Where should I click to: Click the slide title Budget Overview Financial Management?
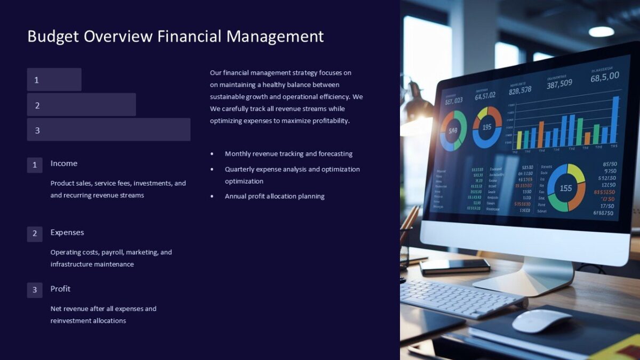point(175,36)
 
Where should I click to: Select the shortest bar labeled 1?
point(54,79)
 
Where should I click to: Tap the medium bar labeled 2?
point(82,105)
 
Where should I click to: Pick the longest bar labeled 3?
point(109,130)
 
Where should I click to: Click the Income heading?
point(64,163)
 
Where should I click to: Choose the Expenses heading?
point(67,233)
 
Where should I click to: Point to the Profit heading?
point(60,289)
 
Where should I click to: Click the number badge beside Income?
point(35,165)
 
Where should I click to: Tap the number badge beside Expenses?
point(35,234)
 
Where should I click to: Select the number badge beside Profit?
point(35,290)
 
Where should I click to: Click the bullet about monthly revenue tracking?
point(289,154)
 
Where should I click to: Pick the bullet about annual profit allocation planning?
point(275,196)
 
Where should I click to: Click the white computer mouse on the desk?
point(541,321)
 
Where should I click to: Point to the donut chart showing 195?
point(487,127)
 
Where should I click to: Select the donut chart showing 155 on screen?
point(566,188)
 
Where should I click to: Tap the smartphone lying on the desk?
point(454,266)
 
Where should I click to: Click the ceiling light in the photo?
point(601,31)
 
